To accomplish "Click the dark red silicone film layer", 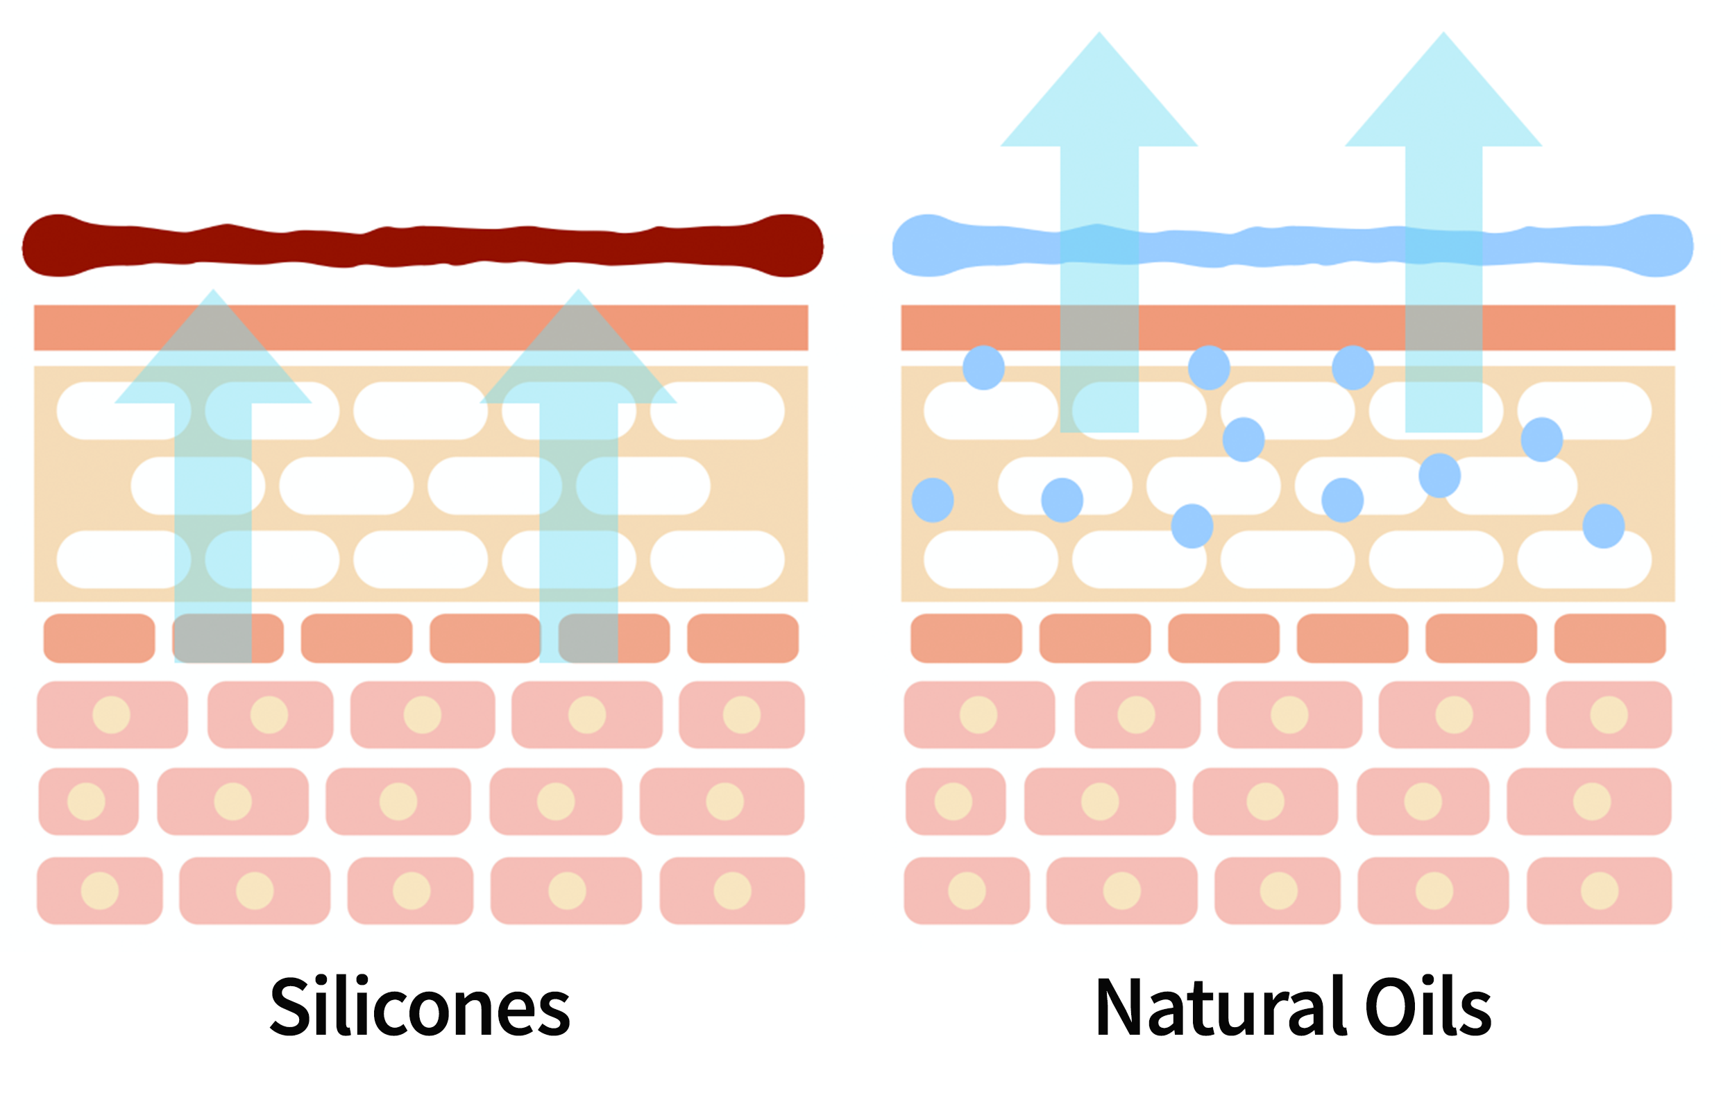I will (422, 246).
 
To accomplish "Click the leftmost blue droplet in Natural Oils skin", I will (933, 500).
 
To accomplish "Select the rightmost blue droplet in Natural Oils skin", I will (1604, 526).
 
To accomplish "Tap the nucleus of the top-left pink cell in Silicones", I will (112, 715).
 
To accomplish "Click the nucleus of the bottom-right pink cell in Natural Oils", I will (1600, 890).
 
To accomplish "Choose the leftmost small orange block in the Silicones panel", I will (99, 638).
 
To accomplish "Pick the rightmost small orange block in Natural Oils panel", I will (1610, 638).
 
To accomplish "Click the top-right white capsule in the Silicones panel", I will (718, 411).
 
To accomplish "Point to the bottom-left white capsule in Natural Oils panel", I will (990, 560).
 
